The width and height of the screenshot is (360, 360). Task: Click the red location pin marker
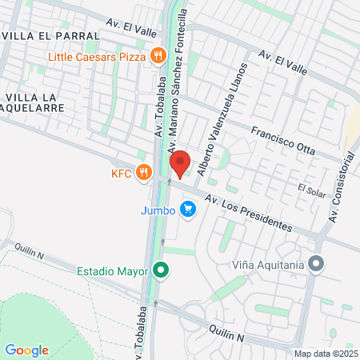click(180, 162)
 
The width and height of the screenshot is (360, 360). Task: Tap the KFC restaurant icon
click(145, 172)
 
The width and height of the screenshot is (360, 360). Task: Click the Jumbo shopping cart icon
click(188, 210)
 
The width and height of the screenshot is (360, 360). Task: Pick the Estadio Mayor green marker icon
click(162, 271)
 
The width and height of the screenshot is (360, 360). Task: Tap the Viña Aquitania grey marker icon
click(318, 263)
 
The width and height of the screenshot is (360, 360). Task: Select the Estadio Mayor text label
click(113, 271)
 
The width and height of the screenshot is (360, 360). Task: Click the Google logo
click(26, 350)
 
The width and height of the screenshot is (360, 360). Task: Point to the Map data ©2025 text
click(326, 354)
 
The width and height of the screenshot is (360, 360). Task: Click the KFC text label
click(122, 172)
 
